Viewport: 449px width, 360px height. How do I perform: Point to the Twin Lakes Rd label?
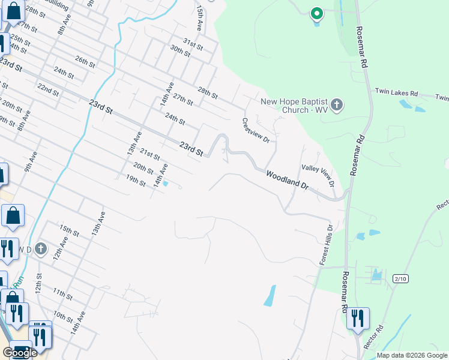[x=396, y=92]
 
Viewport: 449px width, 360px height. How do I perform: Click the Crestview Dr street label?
[x=256, y=130]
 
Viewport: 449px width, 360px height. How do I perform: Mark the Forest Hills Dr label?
[x=325, y=245]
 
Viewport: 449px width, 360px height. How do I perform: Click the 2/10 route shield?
[x=400, y=278]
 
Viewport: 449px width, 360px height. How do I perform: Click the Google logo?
[x=20, y=353]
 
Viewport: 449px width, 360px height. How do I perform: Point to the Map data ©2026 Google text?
[x=412, y=355]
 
